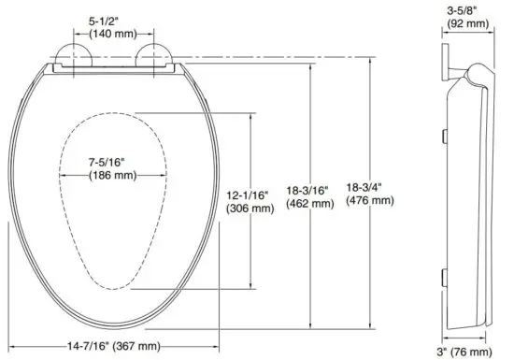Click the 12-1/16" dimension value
tap(249, 194)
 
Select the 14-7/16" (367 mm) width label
tap(114, 346)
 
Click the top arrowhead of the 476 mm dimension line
tap(371, 59)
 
